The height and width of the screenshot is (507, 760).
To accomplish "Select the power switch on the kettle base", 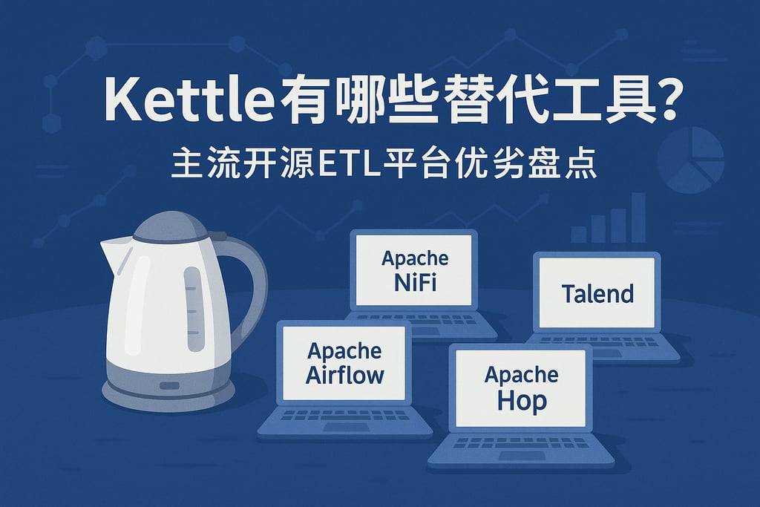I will point(170,385).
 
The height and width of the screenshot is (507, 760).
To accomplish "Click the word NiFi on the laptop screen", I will point(414,281).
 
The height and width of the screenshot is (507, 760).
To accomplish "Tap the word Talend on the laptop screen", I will point(597,293).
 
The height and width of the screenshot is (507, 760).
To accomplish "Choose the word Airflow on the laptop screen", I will point(345,373).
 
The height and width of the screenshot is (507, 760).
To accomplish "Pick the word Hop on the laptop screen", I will point(522,401).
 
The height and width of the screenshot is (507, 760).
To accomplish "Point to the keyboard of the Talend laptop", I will point(601,341).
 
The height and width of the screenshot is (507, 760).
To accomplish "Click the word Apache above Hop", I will point(522,375).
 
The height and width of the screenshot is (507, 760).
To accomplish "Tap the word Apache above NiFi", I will point(414,258).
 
